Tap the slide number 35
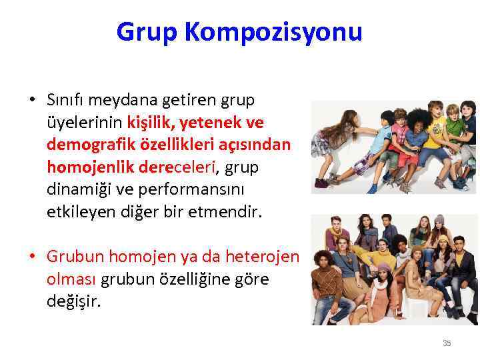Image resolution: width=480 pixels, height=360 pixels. coord(447,343)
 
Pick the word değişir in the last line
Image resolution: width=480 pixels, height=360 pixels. coord(73,301)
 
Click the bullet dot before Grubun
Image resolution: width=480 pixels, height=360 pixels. coord(32,257)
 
